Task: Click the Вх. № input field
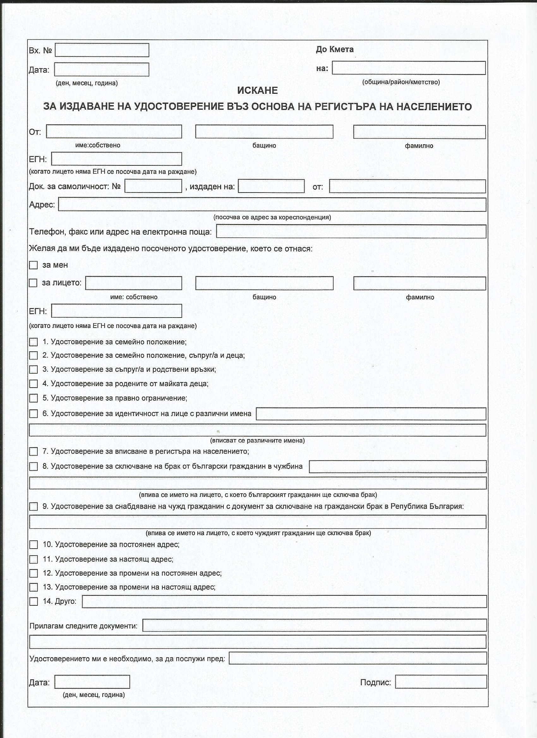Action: [x=102, y=50]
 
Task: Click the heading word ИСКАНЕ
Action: [x=257, y=91]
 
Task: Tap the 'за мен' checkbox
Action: [x=33, y=265]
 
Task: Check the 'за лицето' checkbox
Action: [x=33, y=283]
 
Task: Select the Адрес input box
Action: [x=272, y=205]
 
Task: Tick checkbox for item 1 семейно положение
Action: [x=33, y=342]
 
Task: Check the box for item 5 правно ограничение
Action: [x=33, y=398]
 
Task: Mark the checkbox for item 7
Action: [x=33, y=452]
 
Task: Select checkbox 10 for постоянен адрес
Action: [x=33, y=545]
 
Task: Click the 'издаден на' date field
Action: [x=271, y=186]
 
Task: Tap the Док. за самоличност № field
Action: [x=153, y=186]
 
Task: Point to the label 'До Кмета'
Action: [x=335, y=50]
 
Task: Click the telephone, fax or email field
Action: [x=351, y=231]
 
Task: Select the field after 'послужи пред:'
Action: [x=358, y=658]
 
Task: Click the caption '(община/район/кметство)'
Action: [x=401, y=82]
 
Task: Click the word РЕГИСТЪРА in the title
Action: [x=360, y=107]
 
